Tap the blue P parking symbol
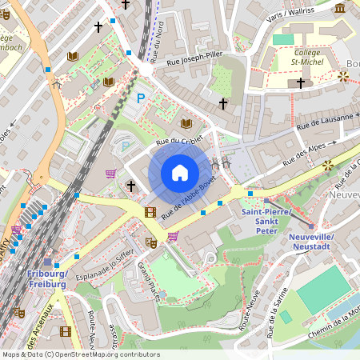pos(141,98)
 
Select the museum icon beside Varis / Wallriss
pos(341,8)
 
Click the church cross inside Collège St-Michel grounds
pos(301,82)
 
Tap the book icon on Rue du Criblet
pos(186,123)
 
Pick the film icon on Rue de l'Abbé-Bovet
pos(150,212)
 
